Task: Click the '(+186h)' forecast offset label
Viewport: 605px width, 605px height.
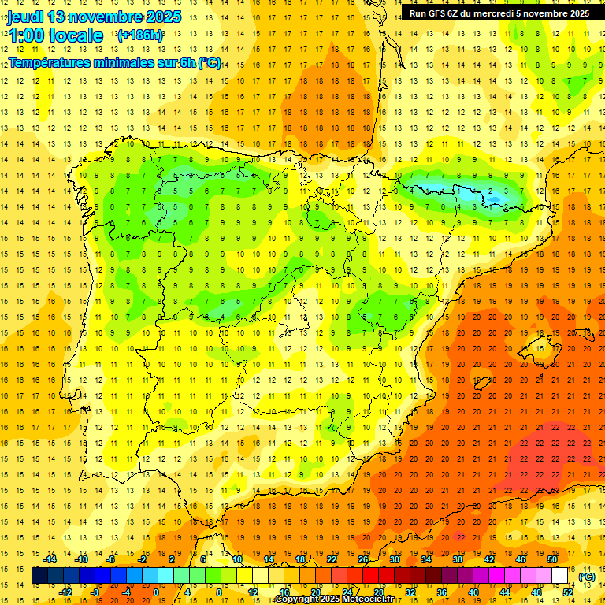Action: coord(140,35)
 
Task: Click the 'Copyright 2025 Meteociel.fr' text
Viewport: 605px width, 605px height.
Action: coord(334,599)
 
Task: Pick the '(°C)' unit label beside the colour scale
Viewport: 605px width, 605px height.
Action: coord(587,577)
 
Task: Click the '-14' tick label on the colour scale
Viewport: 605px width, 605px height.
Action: coord(50,559)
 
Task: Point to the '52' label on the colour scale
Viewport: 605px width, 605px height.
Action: coord(568,592)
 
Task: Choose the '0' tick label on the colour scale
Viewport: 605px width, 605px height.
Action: coord(155,592)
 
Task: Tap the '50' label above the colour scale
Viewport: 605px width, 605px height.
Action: coord(551,559)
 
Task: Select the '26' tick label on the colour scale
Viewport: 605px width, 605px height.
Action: coord(363,559)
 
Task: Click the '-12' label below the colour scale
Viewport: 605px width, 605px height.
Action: coord(66,592)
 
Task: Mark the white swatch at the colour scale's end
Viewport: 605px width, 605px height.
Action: coord(559,576)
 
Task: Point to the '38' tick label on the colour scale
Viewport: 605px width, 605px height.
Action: coord(457,559)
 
